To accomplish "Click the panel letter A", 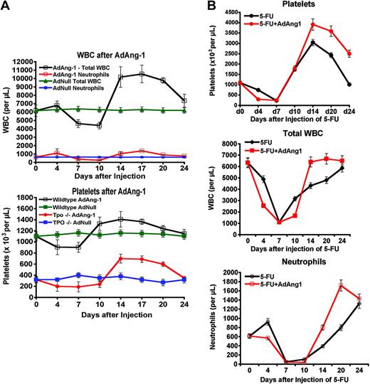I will click(6, 6).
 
